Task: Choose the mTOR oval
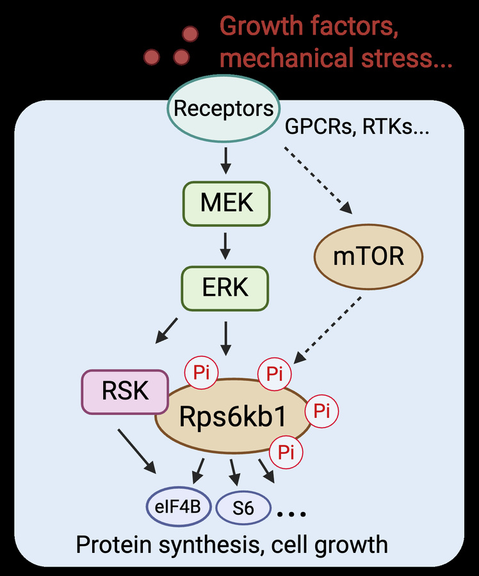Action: pyautogui.click(x=369, y=256)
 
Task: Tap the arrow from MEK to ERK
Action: pyautogui.click(x=225, y=244)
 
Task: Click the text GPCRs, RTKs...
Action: pyautogui.click(x=356, y=128)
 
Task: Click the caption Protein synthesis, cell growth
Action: pyautogui.click(x=232, y=545)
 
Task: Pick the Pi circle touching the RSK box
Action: pyautogui.click(x=201, y=372)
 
